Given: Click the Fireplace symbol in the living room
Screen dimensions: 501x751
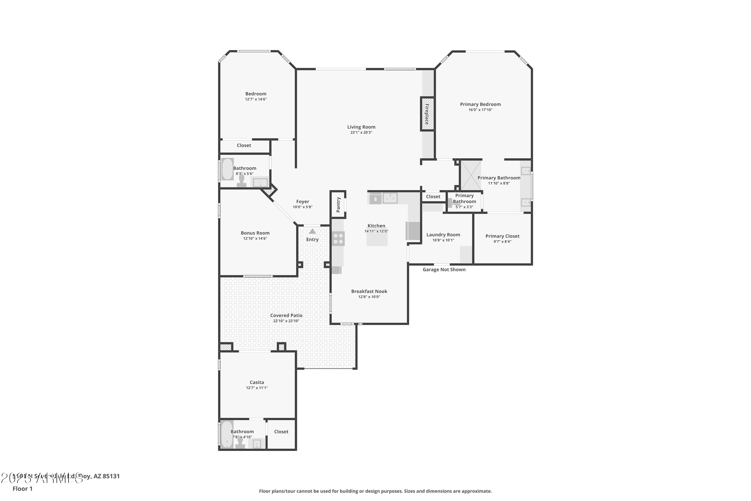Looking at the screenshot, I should (x=427, y=114).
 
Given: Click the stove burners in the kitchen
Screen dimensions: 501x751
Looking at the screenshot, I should (x=338, y=239).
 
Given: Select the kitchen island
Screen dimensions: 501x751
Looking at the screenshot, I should (x=377, y=239).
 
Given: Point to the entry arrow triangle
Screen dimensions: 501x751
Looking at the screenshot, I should (x=312, y=231).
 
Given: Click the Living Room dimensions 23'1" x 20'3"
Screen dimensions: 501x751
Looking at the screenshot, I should (x=361, y=133).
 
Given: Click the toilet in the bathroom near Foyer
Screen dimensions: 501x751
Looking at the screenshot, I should (x=241, y=181).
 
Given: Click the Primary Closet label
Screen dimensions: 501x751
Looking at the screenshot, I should (x=502, y=236).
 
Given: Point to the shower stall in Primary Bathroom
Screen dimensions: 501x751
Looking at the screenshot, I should (x=471, y=175).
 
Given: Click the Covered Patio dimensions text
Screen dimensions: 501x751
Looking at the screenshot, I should (x=286, y=321).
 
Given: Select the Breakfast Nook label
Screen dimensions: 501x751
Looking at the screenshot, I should (x=369, y=291).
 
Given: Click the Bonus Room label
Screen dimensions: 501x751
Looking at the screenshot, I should (x=255, y=233).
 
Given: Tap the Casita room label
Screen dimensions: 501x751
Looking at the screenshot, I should (x=257, y=382).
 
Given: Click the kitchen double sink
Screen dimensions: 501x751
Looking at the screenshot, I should (x=390, y=198).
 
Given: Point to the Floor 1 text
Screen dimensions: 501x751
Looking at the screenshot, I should (x=22, y=488).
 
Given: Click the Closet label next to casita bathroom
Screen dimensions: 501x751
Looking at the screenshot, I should (x=281, y=432).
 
